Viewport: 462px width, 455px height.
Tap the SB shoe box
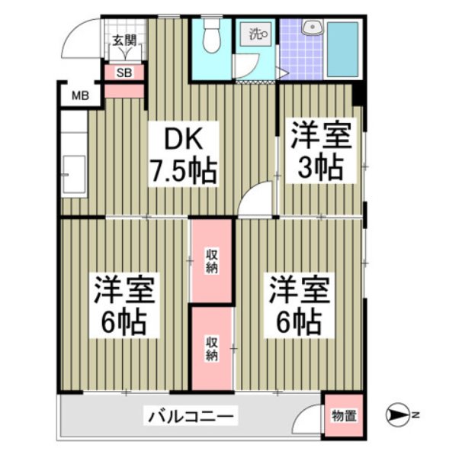[x=124, y=73]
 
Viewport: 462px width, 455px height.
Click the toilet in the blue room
[x=211, y=37]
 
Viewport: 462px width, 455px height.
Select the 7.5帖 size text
[x=183, y=170]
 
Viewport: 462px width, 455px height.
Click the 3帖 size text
[x=320, y=166]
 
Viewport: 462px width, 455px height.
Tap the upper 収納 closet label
[x=211, y=260]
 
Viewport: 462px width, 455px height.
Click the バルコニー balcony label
[x=193, y=417]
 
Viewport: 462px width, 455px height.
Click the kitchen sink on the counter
[x=75, y=174]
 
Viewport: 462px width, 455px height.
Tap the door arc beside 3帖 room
[x=257, y=198]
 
